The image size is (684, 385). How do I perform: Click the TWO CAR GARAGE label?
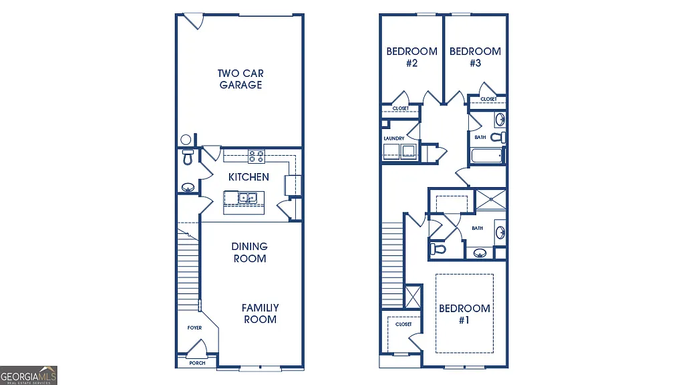coord(240,79)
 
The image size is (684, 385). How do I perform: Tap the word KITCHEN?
coord(248,177)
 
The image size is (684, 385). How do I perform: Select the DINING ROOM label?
coord(249,253)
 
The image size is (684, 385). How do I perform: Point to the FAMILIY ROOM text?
coord(260,313)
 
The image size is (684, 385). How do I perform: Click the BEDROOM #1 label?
coord(464,314)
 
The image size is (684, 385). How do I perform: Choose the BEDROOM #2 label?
coord(411,57)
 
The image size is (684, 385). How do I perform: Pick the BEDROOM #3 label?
coord(475,57)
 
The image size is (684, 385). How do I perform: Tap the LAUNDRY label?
coord(393,138)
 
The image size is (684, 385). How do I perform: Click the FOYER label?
coord(194,328)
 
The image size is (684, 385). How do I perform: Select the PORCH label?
coord(197,363)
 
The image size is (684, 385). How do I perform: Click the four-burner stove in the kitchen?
coord(256,156)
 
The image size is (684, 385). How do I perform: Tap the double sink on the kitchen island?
coord(248,198)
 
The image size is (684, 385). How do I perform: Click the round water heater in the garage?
coord(186,140)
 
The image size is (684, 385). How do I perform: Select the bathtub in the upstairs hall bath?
coord(486,156)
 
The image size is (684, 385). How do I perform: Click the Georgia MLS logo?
coord(29,375)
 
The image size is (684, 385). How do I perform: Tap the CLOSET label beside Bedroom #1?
coord(403,324)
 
